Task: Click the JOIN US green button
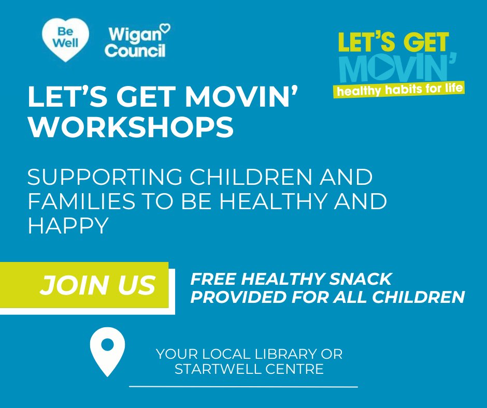coord(97,285)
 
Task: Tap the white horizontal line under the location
coord(243,386)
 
